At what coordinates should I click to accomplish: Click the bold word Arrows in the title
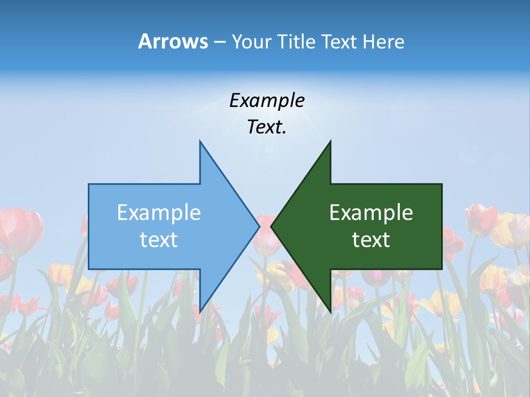tap(172, 41)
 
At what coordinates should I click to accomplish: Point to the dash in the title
tap(219, 42)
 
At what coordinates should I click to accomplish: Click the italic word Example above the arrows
tap(267, 100)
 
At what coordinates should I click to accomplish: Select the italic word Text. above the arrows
tap(267, 127)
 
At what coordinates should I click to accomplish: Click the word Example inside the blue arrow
tap(159, 212)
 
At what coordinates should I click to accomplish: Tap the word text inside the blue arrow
tap(159, 239)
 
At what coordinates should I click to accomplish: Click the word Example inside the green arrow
tap(371, 212)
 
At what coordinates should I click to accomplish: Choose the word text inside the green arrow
tap(371, 239)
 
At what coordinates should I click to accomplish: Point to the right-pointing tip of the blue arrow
tap(258, 226)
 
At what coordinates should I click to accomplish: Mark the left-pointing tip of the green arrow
tap(272, 226)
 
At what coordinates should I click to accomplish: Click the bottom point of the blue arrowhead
tap(200, 312)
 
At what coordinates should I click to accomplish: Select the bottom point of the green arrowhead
tap(330, 312)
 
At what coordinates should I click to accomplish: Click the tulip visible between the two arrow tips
tap(266, 234)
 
